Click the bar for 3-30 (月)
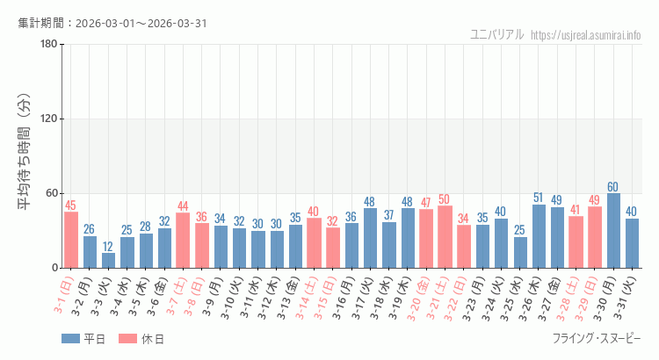613,231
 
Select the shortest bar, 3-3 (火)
108,260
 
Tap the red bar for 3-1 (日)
70,240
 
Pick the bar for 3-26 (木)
539,236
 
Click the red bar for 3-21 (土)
445,237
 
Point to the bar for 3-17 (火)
370,238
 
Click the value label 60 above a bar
613,187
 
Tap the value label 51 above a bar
539,198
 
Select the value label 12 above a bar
108,247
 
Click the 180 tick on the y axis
49,45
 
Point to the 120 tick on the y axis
49,119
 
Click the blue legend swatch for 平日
70,339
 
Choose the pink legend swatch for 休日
127,339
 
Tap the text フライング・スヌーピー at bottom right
597,339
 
